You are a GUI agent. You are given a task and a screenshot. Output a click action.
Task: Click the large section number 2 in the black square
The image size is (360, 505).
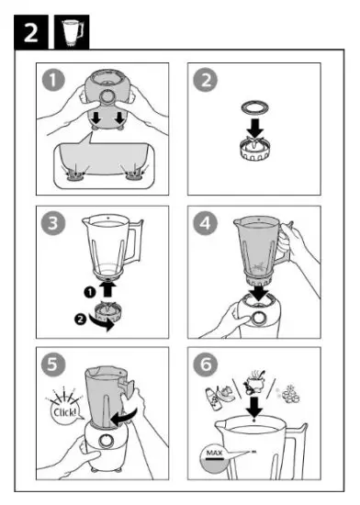[31, 32]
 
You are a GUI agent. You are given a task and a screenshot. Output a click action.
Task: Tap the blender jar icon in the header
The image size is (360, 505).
[73, 32]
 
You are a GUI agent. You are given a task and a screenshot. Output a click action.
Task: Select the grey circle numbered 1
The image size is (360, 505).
[53, 80]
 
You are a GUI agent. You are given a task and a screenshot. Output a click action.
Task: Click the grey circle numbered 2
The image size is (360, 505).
[205, 80]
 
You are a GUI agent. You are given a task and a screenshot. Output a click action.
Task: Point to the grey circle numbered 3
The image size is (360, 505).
[53, 222]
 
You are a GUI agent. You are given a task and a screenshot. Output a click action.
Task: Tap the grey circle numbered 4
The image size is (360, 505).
[205, 222]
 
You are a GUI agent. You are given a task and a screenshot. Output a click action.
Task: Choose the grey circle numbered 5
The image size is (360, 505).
[53, 364]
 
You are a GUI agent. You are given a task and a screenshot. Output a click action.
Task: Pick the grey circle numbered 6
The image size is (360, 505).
[205, 364]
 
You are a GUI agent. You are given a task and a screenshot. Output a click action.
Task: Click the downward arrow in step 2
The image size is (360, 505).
[255, 128]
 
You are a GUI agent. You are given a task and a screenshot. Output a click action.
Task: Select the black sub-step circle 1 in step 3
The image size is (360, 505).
[90, 292]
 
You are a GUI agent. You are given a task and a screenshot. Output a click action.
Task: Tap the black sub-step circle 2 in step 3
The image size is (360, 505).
[80, 320]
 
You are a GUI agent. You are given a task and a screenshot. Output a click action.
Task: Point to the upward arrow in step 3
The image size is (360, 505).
[107, 288]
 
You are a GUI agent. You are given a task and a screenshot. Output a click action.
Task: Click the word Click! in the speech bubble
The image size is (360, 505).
[64, 412]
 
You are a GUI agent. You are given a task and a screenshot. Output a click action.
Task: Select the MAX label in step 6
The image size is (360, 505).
[214, 454]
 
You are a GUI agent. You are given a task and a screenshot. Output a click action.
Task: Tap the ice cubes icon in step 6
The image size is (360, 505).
[289, 394]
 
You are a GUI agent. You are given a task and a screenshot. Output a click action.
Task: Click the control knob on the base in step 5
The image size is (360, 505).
[106, 440]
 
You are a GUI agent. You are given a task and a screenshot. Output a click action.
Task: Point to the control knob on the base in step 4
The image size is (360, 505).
[259, 318]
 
